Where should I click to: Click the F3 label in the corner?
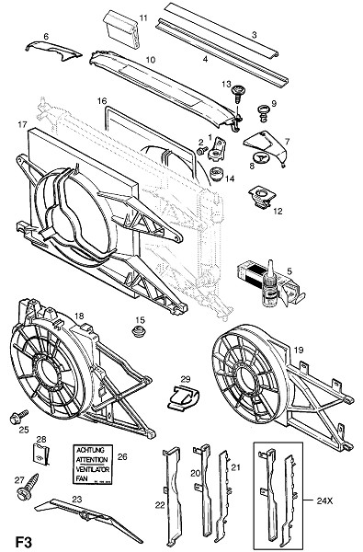[24, 542]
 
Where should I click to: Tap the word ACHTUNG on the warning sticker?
[90, 450]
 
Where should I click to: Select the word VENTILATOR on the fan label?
[93, 469]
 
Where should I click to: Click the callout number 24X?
[324, 501]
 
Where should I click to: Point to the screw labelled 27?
[28, 486]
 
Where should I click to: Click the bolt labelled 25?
[19, 416]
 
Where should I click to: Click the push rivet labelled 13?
[237, 93]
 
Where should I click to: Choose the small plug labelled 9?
[263, 112]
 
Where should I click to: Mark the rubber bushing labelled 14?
[216, 175]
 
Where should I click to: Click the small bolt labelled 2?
[202, 151]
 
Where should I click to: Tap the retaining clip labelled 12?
[262, 198]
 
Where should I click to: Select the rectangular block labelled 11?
[121, 29]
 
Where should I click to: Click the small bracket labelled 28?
[41, 454]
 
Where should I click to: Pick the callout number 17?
[22, 124]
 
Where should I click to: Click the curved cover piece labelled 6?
[53, 50]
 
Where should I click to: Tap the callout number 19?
[299, 350]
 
